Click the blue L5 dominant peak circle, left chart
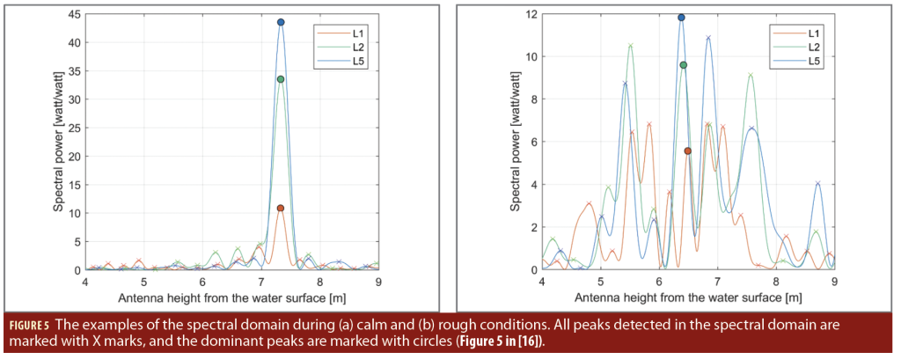pyautogui.click(x=281, y=22)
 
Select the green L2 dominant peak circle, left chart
pyautogui.click(x=280, y=79)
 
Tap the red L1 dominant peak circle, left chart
pyautogui.click(x=280, y=209)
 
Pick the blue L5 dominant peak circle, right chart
pyautogui.click(x=681, y=18)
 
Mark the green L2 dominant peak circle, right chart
pyautogui.click(x=684, y=65)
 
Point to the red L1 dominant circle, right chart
pyautogui.click(x=688, y=151)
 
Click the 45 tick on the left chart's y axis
pyautogui.click(x=75, y=15)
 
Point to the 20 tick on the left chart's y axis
pyautogui.click(x=75, y=157)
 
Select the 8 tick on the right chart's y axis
pyautogui.click(x=532, y=99)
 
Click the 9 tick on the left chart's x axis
pyautogui.click(x=377, y=282)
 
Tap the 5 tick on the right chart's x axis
pyautogui.click(x=601, y=282)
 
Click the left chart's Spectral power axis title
pyautogui.click(x=57, y=143)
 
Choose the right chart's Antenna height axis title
pyautogui.click(x=688, y=298)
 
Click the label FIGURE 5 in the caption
pyautogui.click(x=29, y=324)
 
